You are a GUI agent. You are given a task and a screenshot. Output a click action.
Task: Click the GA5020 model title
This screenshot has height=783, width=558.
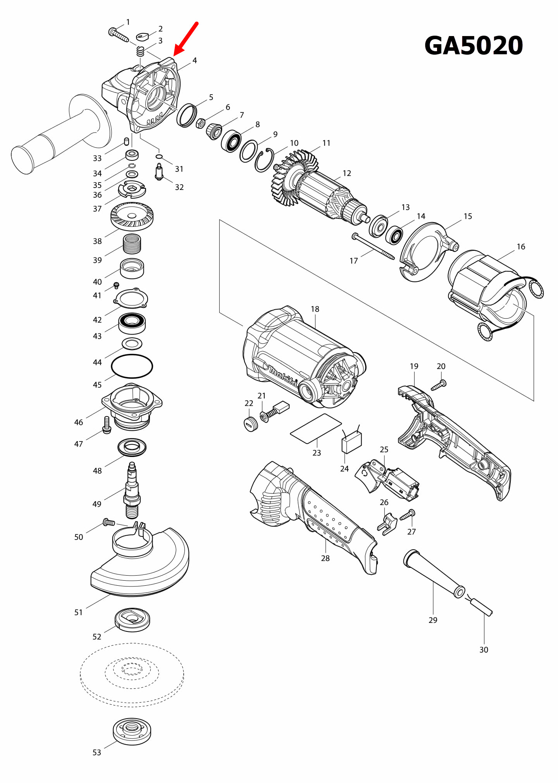pos(474,46)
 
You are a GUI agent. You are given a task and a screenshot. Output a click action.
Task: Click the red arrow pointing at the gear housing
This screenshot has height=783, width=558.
pos(186,39)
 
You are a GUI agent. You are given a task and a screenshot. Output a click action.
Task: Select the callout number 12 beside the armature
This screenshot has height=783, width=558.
pos(347,173)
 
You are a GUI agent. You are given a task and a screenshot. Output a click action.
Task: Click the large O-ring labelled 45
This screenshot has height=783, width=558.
pos(132,366)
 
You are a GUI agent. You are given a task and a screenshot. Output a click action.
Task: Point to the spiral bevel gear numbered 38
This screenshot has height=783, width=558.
pos(132,216)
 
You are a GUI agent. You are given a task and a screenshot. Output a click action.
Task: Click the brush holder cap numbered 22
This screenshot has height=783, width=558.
pos(251,424)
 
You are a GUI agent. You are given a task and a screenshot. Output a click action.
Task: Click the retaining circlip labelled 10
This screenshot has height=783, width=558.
pos(264,160)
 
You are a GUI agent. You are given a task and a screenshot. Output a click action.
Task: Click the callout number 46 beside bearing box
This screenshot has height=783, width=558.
pos(79,423)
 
